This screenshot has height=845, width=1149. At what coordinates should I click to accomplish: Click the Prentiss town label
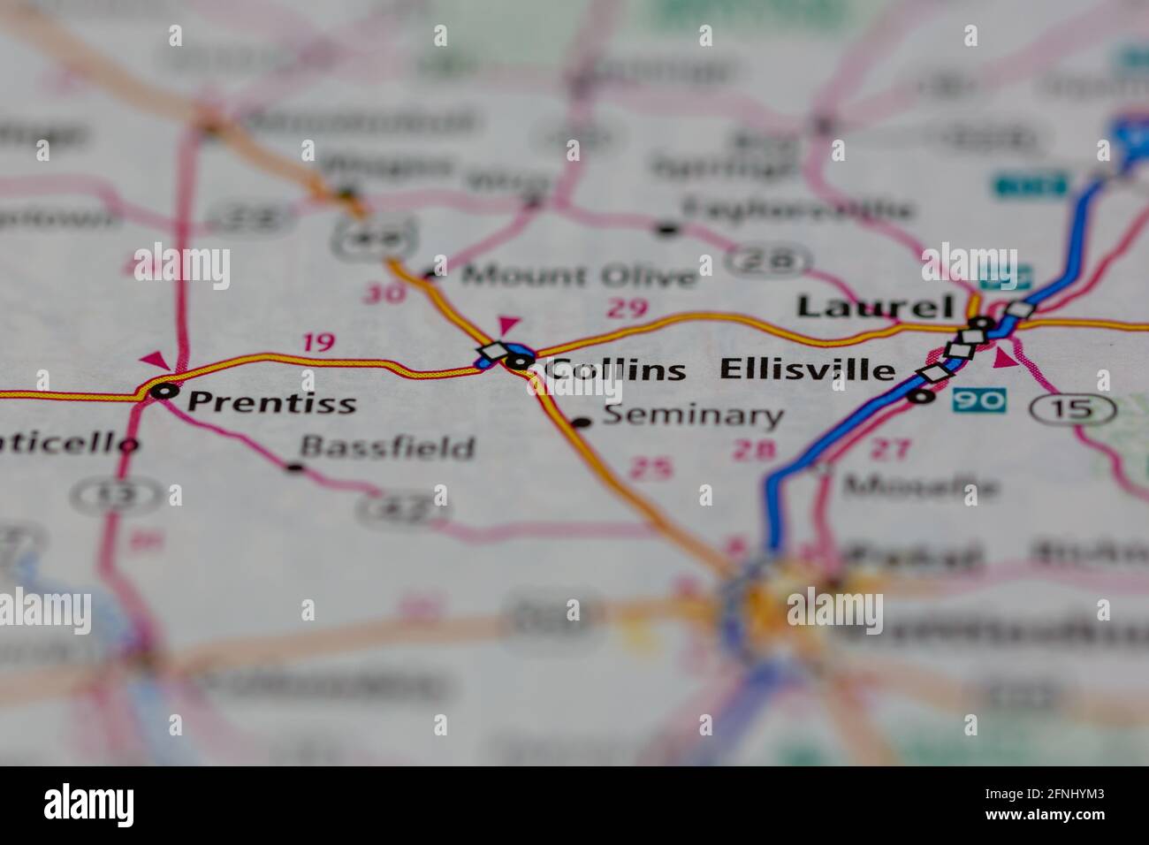tap(272, 402)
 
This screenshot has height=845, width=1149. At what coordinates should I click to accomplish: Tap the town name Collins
tap(614, 369)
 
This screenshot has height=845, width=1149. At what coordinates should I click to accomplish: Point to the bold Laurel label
tap(875, 307)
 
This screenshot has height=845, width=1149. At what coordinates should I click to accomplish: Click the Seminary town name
tap(693, 415)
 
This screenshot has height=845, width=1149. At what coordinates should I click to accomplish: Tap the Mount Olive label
tap(580, 276)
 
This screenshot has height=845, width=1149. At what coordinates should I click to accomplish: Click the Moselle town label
tap(920, 486)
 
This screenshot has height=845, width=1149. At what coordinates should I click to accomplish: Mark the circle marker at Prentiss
tap(163, 390)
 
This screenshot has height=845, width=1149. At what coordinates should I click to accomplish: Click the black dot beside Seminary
tap(581, 422)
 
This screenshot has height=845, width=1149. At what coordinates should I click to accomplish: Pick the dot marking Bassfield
tap(295, 467)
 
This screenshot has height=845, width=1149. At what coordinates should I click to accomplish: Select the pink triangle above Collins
tap(510, 325)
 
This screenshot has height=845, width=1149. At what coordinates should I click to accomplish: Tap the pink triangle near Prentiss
tap(156, 360)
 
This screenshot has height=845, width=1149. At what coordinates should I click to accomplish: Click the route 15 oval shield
tap(1072, 408)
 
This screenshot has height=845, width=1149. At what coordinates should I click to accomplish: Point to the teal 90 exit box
tap(979, 400)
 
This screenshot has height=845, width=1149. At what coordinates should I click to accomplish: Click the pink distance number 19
tap(318, 342)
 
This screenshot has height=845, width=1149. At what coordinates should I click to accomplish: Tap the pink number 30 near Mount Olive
tap(384, 293)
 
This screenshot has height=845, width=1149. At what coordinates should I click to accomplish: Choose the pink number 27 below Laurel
tap(889, 449)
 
